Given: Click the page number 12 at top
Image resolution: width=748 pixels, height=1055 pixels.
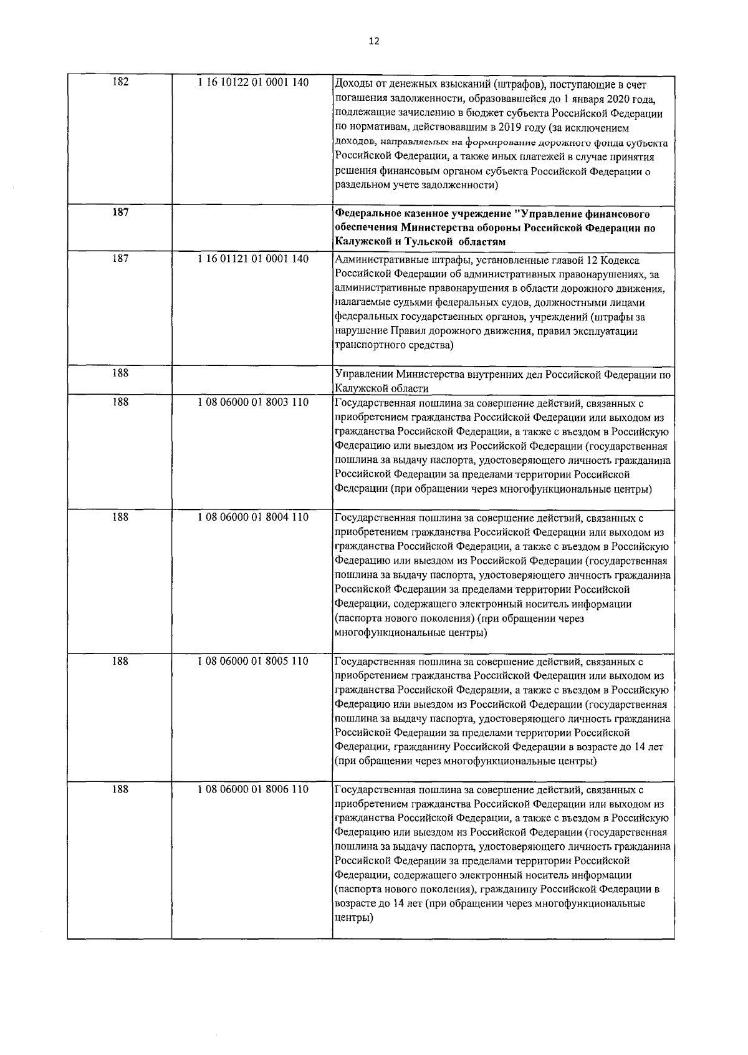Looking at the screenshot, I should (x=373, y=41).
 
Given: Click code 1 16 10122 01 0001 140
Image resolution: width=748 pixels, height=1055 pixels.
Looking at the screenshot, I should (x=252, y=83).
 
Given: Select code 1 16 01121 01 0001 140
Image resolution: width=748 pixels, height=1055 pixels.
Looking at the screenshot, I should (x=252, y=259).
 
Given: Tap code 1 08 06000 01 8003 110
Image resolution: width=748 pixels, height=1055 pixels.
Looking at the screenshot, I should (x=252, y=403).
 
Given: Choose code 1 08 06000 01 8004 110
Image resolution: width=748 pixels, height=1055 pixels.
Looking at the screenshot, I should (x=252, y=518).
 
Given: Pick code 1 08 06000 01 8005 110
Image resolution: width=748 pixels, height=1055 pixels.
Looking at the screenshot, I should (x=252, y=661).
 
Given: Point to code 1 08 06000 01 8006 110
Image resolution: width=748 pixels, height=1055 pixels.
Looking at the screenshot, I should (x=252, y=789).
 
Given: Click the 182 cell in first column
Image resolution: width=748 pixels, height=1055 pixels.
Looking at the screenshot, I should (x=120, y=83).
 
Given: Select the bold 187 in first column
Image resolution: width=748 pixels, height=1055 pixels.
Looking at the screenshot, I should (x=120, y=212).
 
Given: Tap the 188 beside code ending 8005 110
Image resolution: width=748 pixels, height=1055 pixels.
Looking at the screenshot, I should (x=120, y=661).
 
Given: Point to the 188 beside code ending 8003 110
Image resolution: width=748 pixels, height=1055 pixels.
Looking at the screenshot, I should (x=120, y=403).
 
